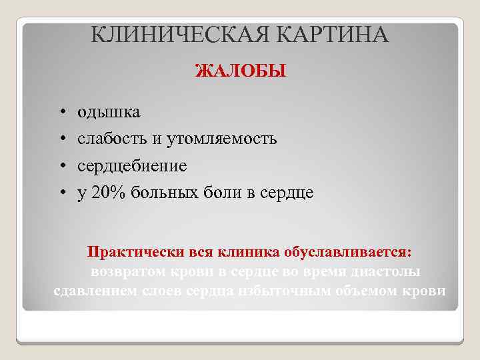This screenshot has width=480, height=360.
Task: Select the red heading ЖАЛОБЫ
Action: tap(240, 71)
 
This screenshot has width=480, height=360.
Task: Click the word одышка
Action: tap(109, 111)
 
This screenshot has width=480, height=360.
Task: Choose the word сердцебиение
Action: tap(132, 165)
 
